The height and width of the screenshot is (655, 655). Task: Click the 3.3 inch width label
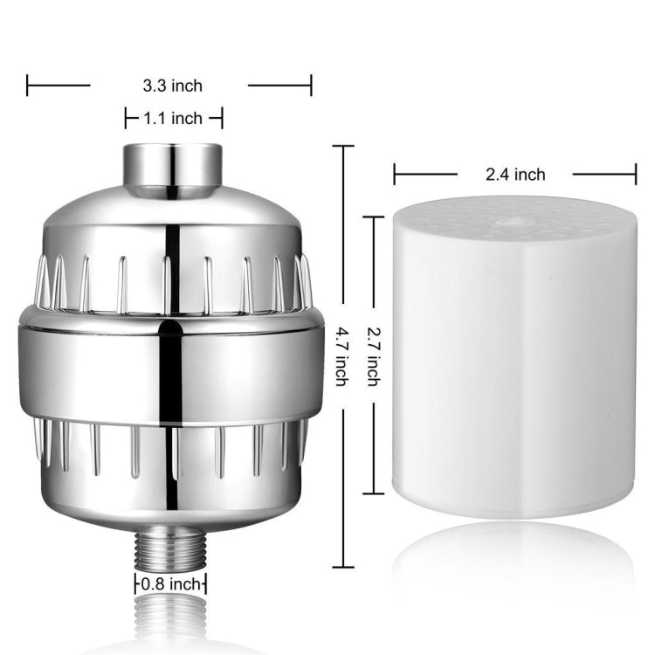(x=172, y=85)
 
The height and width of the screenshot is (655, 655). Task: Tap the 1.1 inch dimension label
(x=174, y=118)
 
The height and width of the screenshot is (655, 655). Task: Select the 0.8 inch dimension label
(x=171, y=583)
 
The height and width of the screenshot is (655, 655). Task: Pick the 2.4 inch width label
(x=515, y=175)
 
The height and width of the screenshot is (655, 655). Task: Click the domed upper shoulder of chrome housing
(x=170, y=218)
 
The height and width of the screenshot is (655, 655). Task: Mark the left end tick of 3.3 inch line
(x=28, y=85)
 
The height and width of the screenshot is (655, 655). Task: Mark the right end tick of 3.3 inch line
(x=311, y=85)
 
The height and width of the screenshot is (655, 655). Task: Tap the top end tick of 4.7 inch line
(x=342, y=146)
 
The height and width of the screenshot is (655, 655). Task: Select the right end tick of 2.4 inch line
(x=635, y=175)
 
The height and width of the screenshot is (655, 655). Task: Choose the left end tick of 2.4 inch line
(x=394, y=175)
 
